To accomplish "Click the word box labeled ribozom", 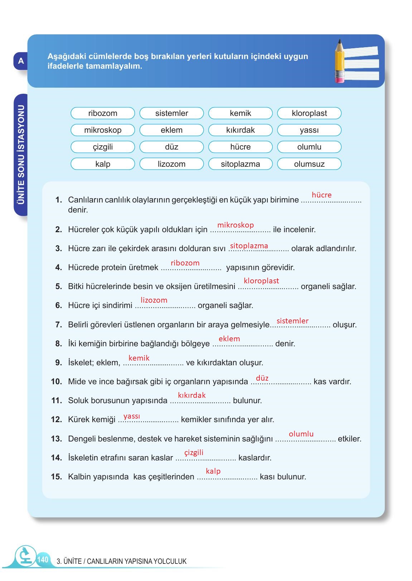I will (x=103, y=113).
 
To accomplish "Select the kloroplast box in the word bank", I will (x=309, y=113).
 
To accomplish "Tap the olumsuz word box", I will (x=309, y=164).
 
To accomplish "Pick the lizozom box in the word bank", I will (x=171, y=164).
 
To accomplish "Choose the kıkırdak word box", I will (x=240, y=130).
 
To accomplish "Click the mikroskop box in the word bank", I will (x=103, y=130).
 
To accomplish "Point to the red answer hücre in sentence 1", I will (x=321, y=195).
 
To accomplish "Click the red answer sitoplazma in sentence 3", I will (x=249, y=246).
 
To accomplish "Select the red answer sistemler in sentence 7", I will (x=292, y=321).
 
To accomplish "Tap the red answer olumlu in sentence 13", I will (x=301, y=434).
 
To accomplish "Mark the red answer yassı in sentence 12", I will (x=132, y=416).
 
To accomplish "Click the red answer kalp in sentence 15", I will (x=213, y=471).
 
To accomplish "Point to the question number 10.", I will (x=57, y=382).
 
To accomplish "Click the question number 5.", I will (x=59, y=287).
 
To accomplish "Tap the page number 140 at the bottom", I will (x=42, y=560).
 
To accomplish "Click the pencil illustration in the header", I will (x=339, y=61).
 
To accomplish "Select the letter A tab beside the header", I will (x=21, y=61).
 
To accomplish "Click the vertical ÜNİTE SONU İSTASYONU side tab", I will (x=21, y=155).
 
